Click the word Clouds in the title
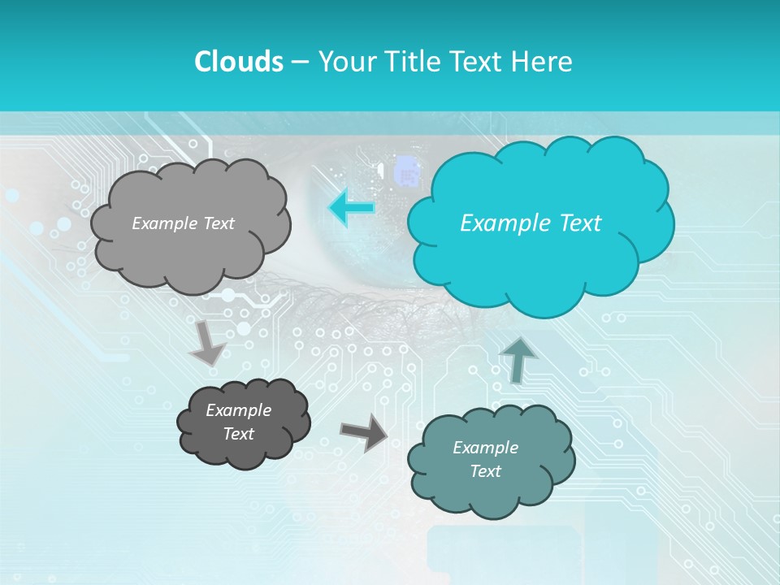[238, 62]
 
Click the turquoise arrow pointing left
[351, 207]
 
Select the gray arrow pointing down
[207, 342]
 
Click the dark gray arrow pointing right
[363, 432]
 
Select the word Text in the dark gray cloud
[239, 434]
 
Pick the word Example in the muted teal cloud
[485, 448]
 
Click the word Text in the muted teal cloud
[485, 471]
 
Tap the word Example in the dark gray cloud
[239, 410]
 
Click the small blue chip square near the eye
[405, 173]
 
